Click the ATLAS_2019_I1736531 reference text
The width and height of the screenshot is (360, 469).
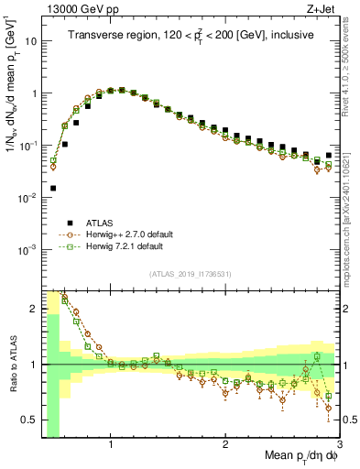click(x=191, y=275)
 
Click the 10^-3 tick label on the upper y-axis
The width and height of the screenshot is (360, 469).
click(x=27, y=250)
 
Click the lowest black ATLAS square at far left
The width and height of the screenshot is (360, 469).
click(x=53, y=188)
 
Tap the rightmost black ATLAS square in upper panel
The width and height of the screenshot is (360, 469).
click(x=329, y=155)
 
